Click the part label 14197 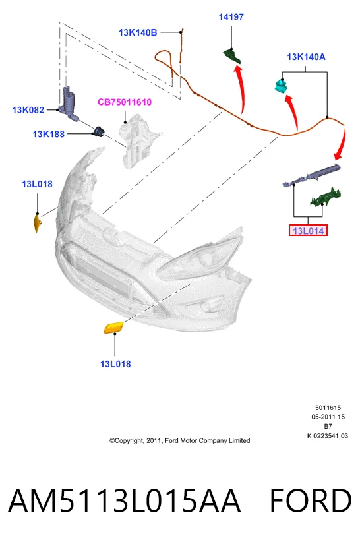(231, 16)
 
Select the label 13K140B (138, 32)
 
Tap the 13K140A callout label (306, 57)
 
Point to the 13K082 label (28, 110)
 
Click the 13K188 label (49, 134)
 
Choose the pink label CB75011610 (125, 102)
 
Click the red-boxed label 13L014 (308, 231)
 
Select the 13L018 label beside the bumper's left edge (37, 184)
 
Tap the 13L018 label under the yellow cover (115, 364)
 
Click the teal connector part (281, 86)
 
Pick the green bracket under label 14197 (231, 56)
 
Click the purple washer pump (69, 103)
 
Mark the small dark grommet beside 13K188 (99, 131)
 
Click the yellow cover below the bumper (114, 328)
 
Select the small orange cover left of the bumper (37, 223)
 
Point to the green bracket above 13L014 (326, 198)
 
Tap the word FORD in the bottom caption (311, 500)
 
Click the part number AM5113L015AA (124, 500)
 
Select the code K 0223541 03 (328, 436)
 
